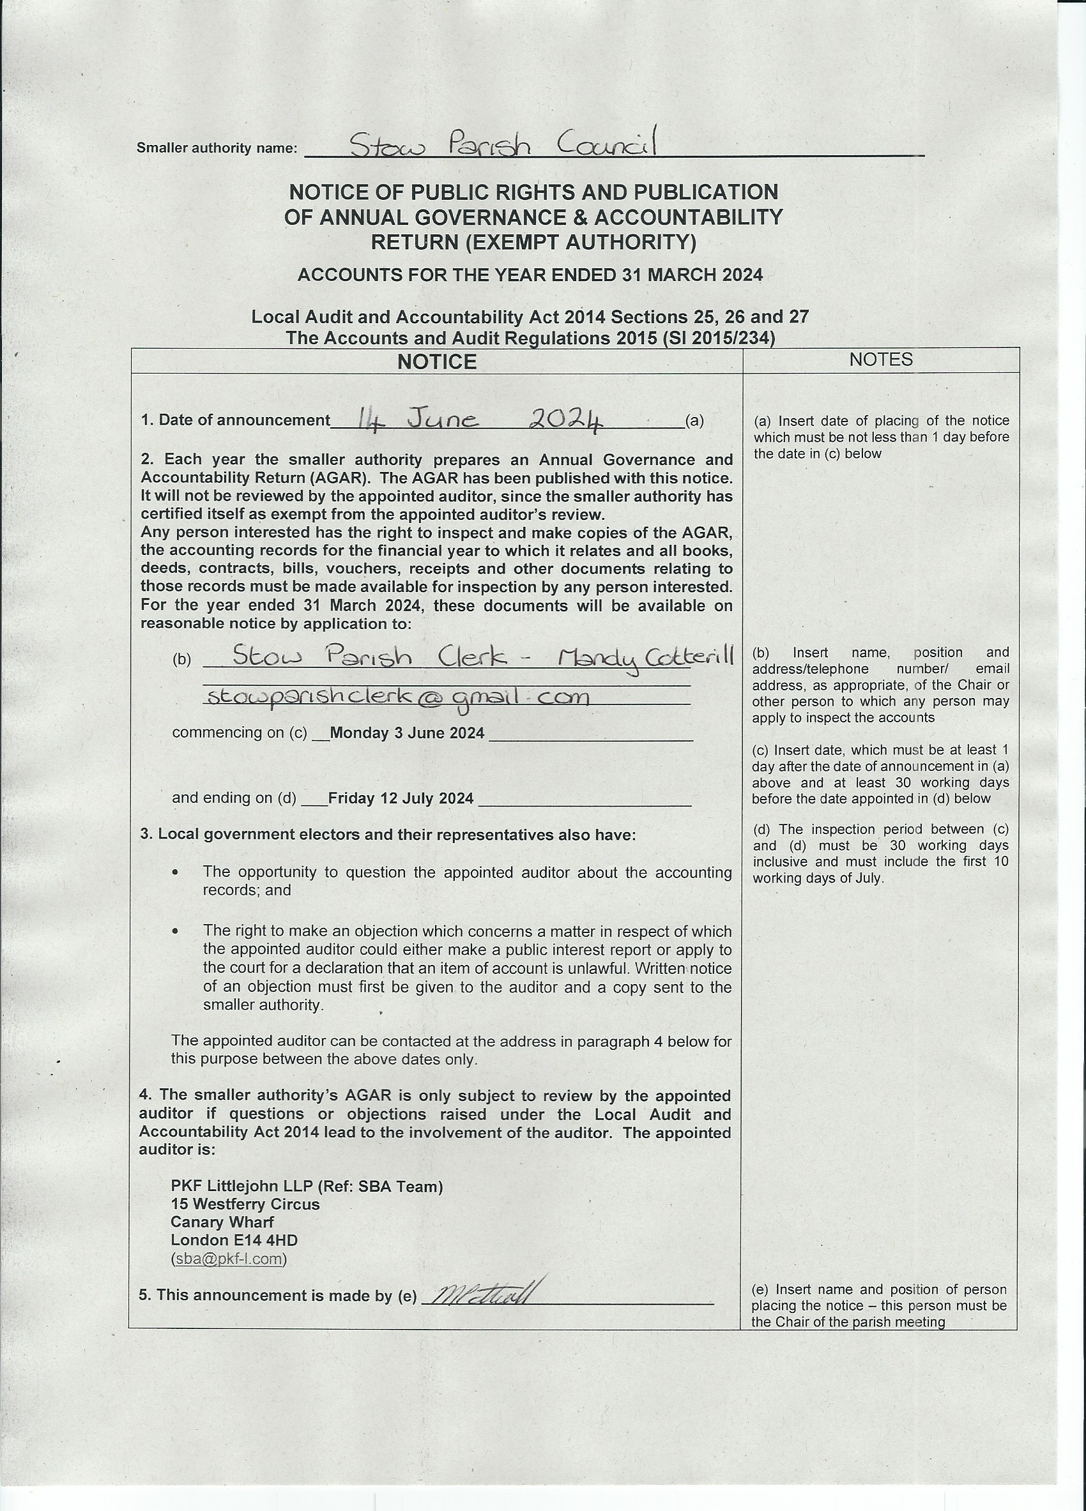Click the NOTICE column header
(x=436, y=361)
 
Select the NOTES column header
(x=880, y=360)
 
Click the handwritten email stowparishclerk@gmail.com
(x=398, y=697)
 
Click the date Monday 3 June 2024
(x=406, y=733)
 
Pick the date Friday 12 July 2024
(x=401, y=798)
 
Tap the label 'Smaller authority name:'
(x=217, y=148)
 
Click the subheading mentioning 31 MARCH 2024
(x=530, y=275)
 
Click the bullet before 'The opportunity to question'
(x=175, y=872)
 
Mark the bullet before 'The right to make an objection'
(x=175, y=931)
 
